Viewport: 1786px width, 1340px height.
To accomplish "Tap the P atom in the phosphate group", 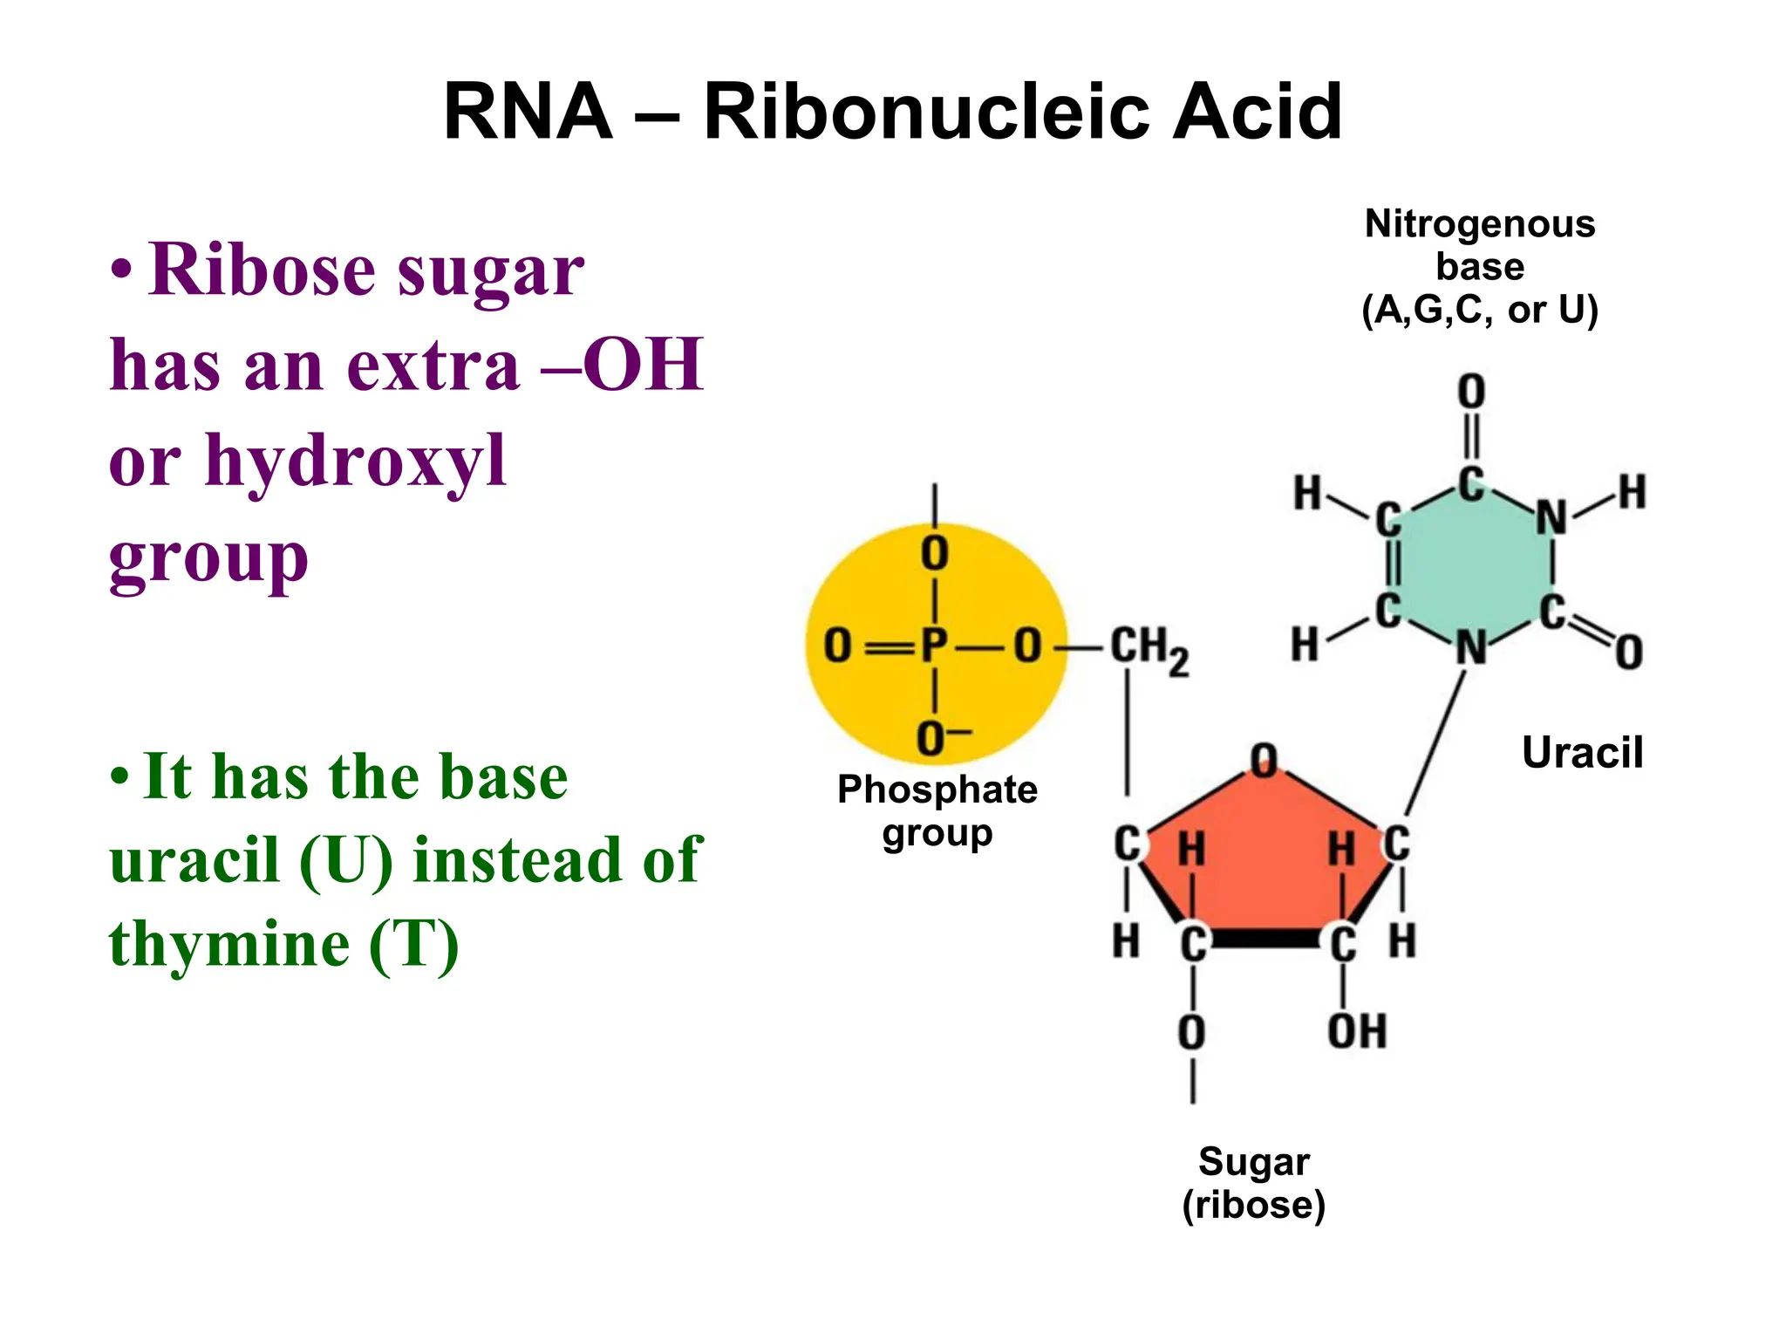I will pyautogui.click(x=934, y=646).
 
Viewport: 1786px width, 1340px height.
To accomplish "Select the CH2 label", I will pyautogui.click(x=1148, y=649).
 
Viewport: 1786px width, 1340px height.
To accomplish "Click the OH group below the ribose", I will pyautogui.click(x=1357, y=1031).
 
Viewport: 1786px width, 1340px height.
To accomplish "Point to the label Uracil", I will pyautogui.click(x=1582, y=752).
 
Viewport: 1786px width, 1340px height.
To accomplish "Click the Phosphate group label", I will pyautogui.click(x=937, y=810).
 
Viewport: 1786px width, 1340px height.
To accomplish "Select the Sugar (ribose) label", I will pyautogui.click(x=1253, y=1183).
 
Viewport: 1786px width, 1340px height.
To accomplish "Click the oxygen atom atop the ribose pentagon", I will pyautogui.click(x=1264, y=761).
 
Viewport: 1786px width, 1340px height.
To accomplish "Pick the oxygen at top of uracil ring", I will pyautogui.click(x=1471, y=392).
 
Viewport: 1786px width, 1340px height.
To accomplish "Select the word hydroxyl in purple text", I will pyautogui.click(x=355, y=461).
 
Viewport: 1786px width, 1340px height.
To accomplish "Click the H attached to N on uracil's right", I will pyautogui.click(x=1632, y=492).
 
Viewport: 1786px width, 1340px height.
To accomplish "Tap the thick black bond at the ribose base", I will pyautogui.click(x=1267, y=939).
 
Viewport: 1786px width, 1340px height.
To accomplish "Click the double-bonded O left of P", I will pyautogui.click(x=837, y=646).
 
